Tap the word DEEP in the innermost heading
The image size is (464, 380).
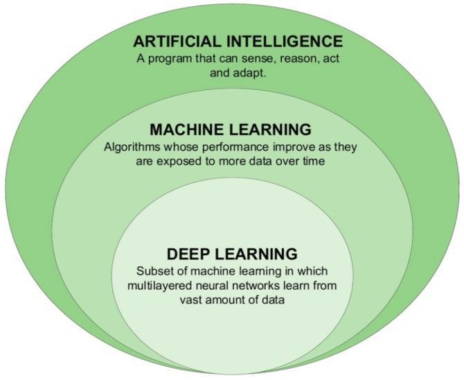pos(188,254)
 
